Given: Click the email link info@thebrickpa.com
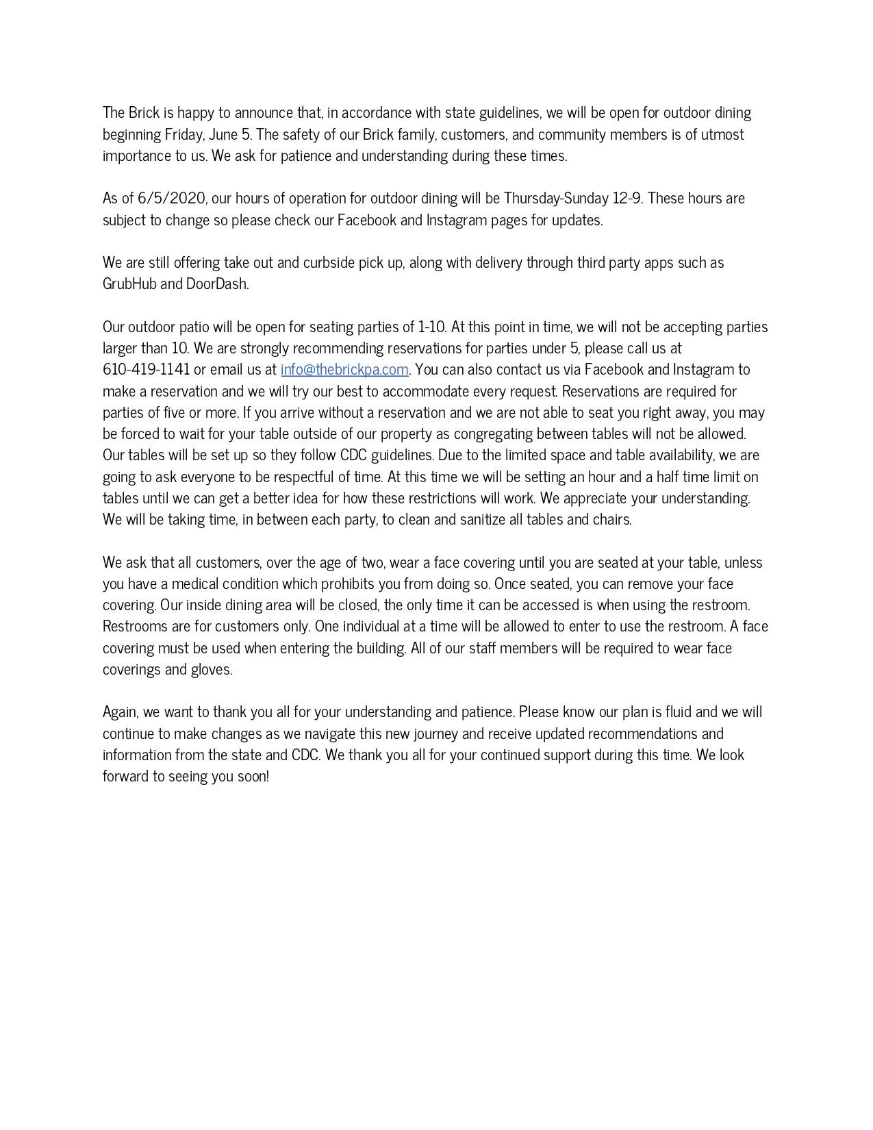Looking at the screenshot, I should pyautogui.click(x=344, y=370).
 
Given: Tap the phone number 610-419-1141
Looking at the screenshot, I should pyautogui.click(x=146, y=370).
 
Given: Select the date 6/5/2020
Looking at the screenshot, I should pyautogui.click(x=171, y=199).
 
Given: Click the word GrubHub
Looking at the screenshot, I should pyautogui.click(x=129, y=284).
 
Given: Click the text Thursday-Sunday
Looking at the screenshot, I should pyautogui.click(x=556, y=199).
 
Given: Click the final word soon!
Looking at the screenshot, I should pyautogui.click(x=253, y=777).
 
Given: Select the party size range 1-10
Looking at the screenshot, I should pyautogui.click(x=431, y=327).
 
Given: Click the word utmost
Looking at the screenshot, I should pyautogui.click(x=722, y=134).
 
